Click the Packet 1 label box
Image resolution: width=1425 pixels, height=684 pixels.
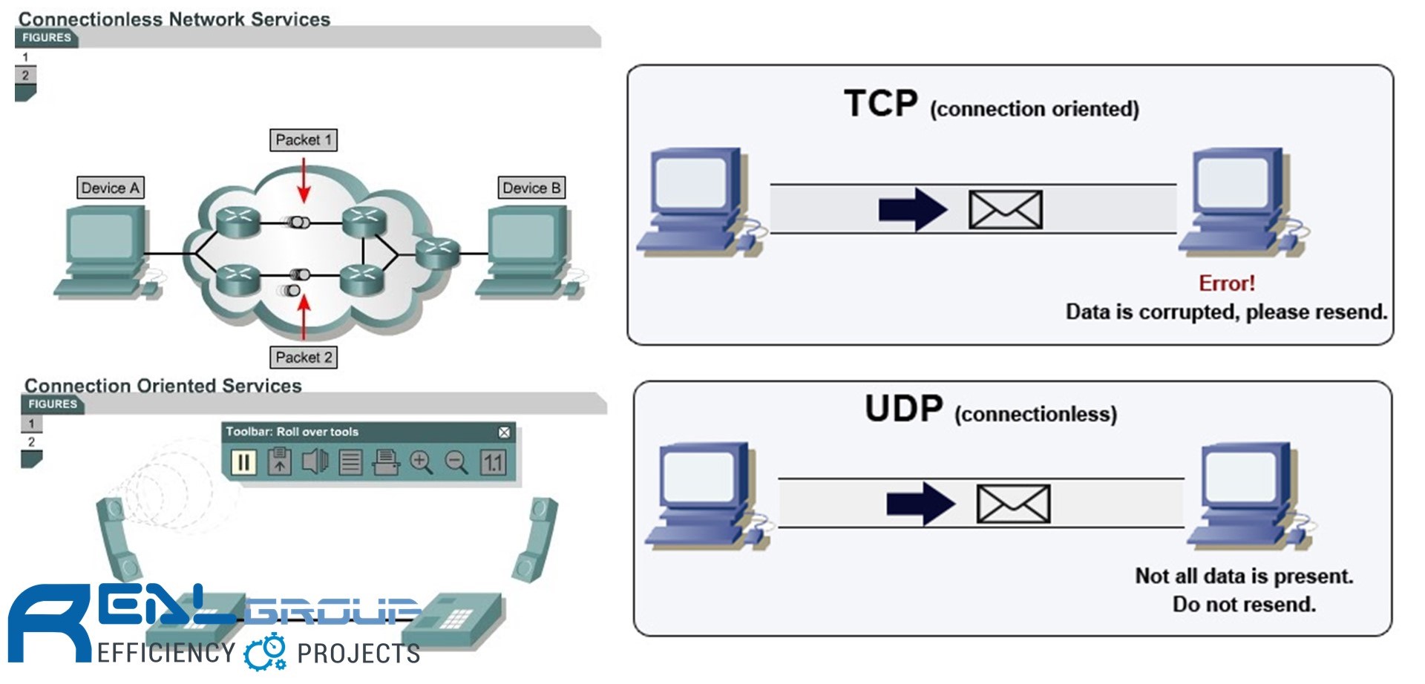click(303, 140)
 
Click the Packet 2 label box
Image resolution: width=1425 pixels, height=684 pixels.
click(303, 358)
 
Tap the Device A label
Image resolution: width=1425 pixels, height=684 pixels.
click(110, 188)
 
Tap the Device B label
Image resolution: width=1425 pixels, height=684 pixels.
click(531, 188)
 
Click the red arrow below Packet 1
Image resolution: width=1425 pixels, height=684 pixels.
click(303, 180)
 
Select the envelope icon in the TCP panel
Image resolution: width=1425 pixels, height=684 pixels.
click(1005, 209)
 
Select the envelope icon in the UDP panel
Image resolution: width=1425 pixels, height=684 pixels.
click(1013, 504)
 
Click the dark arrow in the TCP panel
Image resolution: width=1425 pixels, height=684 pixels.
click(912, 209)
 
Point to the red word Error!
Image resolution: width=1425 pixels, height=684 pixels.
click(1226, 283)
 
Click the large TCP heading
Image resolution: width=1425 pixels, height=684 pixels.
click(881, 104)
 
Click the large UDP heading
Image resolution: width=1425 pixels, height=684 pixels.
click(903, 408)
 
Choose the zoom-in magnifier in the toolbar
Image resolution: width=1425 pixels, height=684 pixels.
click(421, 462)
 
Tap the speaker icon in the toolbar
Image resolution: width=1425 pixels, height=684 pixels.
click(315, 462)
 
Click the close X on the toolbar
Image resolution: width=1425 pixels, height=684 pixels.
click(504, 433)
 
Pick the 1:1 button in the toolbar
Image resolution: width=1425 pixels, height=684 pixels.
click(493, 462)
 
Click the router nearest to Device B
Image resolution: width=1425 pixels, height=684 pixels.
click(436, 253)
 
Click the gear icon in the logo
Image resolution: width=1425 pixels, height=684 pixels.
click(265, 652)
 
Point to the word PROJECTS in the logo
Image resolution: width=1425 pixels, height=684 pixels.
click(358, 654)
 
